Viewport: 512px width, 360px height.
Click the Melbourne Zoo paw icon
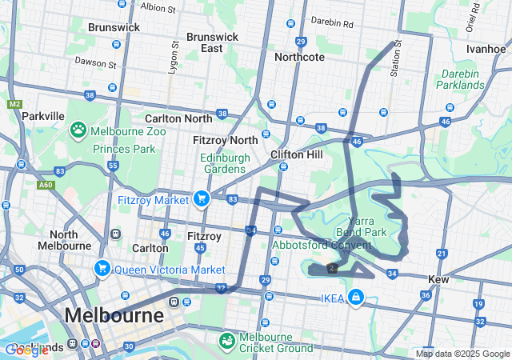point(78,130)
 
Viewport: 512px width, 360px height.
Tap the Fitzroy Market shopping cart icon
point(201,198)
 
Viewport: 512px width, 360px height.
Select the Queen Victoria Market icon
point(102,268)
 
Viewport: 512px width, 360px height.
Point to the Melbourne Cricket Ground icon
point(228,341)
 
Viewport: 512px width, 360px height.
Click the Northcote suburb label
point(299,57)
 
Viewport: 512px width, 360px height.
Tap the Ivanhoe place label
point(486,48)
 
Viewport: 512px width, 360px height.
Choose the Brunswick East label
point(212,42)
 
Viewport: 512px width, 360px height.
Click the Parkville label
point(43,116)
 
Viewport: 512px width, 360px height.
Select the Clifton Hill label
point(296,154)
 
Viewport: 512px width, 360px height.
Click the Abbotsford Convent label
point(322,245)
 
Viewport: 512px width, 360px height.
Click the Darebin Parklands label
point(461,79)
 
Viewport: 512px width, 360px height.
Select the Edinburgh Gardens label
point(223,162)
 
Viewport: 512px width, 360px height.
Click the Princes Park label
point(124,149)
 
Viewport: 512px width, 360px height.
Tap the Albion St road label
point(158,8)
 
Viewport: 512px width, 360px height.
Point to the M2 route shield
point(14,104)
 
